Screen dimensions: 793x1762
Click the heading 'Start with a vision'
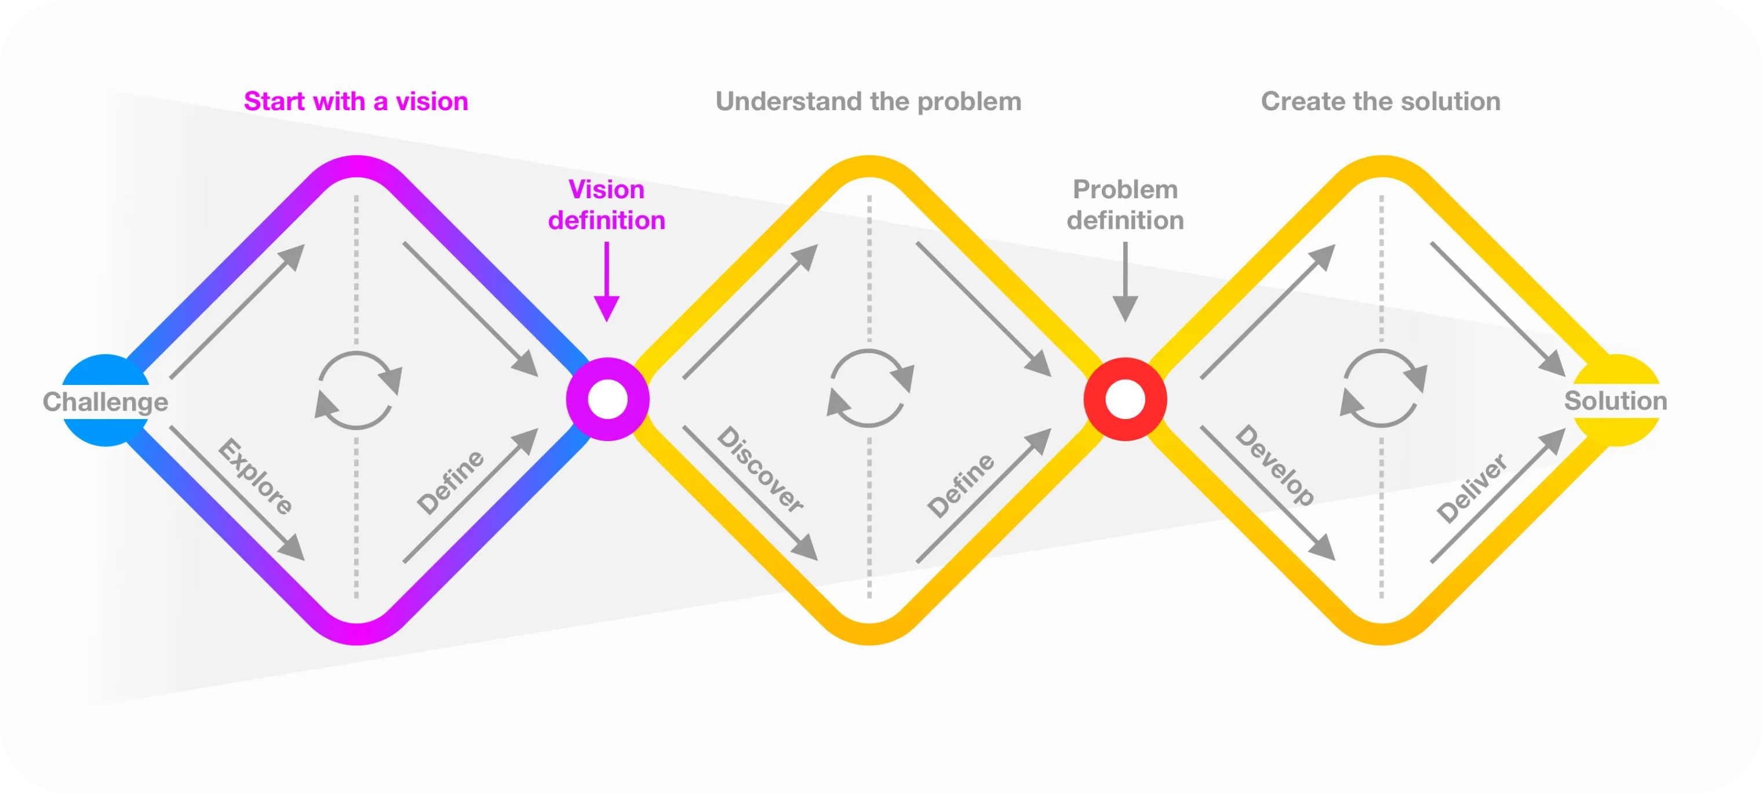point(356,101)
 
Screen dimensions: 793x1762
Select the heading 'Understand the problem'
point(868,101)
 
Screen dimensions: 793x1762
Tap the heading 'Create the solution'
point(1380,101)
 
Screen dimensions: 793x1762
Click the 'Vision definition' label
point(607,205)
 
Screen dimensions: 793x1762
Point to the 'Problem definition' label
point(1125,205)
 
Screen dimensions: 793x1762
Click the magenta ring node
point(607,399)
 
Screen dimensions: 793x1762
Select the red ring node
point(1125,399)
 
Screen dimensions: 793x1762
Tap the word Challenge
point(105,402)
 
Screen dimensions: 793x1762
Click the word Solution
point(1615,401)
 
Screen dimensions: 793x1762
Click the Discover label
point(760,470)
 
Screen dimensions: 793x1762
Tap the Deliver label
point(1471,488)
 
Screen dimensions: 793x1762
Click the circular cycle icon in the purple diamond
point(358,391)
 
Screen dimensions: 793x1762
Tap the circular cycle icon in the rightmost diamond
point(1382,388)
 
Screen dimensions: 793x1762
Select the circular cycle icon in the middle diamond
point(869,388)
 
